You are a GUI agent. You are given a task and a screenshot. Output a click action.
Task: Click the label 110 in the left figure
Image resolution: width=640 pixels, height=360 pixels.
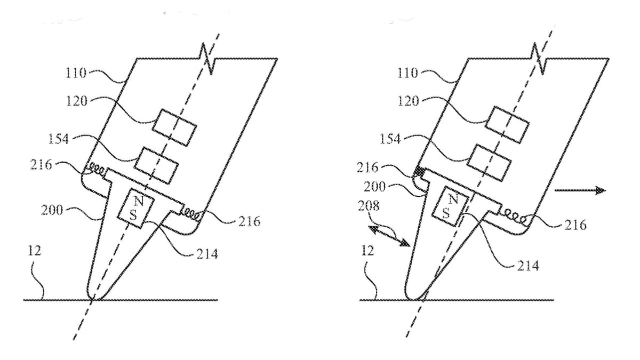click(76, 73)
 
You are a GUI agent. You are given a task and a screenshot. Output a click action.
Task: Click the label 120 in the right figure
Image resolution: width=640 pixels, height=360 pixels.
click(409, 101)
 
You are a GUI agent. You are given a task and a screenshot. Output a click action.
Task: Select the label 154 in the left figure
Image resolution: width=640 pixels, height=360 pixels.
click(59, 139)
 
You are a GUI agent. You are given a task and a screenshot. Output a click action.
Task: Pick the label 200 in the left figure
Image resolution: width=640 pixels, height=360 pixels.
click(52, 210)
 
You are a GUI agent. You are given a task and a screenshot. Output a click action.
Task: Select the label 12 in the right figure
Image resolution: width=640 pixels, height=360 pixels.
click(367, 251)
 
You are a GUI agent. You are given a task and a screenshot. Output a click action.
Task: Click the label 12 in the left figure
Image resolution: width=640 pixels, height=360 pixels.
click(34, 251)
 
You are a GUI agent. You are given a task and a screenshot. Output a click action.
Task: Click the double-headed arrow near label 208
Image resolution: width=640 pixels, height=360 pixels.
click(389, 235)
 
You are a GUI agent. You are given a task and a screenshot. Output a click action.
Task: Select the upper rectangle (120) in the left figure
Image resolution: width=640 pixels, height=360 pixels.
click(174, 127)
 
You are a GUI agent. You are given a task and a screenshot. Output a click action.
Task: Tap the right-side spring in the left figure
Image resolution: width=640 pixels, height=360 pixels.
click(192, 213)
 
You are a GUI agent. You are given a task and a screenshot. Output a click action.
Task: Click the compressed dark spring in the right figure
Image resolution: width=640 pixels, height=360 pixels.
click(419, 172)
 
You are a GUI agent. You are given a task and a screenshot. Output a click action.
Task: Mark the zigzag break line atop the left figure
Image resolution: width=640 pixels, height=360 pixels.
click(207, 60)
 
